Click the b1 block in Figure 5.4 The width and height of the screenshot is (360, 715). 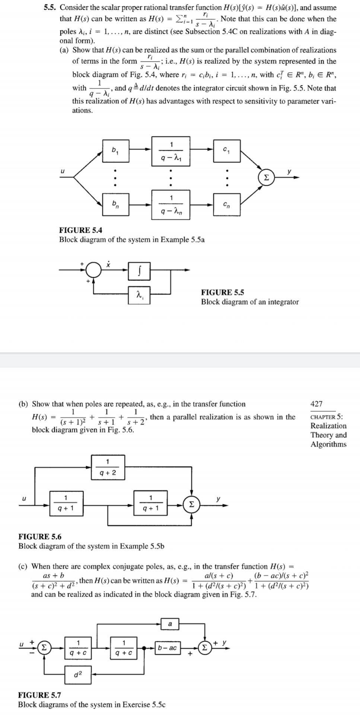116,151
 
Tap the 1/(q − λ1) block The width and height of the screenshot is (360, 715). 171,151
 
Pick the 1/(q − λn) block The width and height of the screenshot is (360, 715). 171,204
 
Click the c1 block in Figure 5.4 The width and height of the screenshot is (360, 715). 226,151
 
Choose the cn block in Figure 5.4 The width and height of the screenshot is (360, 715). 226,204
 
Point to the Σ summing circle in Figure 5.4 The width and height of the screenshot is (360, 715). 266,178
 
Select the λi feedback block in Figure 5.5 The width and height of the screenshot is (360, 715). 139,296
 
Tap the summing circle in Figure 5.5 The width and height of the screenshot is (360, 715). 94,270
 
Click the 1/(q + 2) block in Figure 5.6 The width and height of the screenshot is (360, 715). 108,468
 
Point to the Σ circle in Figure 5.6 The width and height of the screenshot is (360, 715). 191,505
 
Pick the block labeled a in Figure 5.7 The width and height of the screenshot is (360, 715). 170,624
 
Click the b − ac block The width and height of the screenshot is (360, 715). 167,648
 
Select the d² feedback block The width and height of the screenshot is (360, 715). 77,674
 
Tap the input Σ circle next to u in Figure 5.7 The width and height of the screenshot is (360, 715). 44,648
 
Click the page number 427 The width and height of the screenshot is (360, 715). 316,404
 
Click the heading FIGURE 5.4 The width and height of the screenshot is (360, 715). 80,230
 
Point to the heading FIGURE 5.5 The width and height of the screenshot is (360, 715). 222,292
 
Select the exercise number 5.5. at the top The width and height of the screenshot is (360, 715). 51,7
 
